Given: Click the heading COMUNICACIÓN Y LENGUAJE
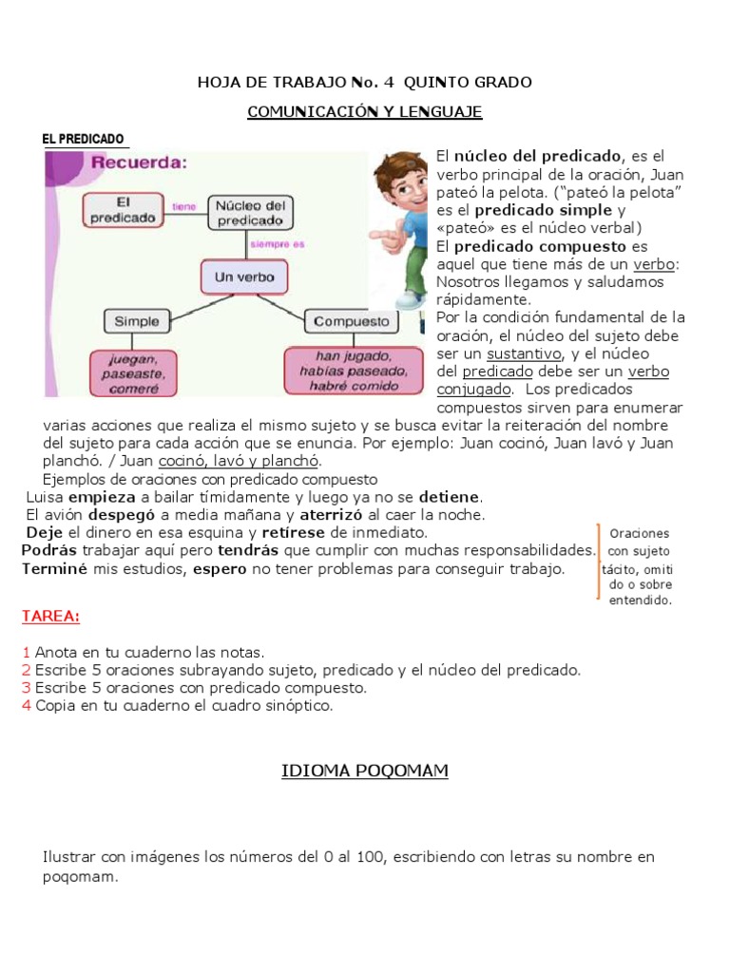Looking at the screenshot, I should click(x=365, y=112).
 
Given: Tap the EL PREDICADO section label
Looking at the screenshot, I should click(x=84, y=140).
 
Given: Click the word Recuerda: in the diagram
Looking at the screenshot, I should click(x=139, y=162).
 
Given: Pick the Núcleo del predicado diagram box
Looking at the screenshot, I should click(x=250, y=212).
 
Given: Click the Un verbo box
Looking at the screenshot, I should click(x=244, y=277).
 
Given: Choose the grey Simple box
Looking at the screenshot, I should click(x=137, y=321).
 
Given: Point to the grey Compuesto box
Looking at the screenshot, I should click(x=351, y=321).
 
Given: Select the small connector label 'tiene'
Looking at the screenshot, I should click(x=183, y=205).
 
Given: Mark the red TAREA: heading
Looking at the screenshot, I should click(x=50, y=617).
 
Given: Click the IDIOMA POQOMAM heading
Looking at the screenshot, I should click(x=365, y=772).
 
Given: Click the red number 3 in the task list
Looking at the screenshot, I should click(x=27, y=688).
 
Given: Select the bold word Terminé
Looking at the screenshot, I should click(x=55, y=569).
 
